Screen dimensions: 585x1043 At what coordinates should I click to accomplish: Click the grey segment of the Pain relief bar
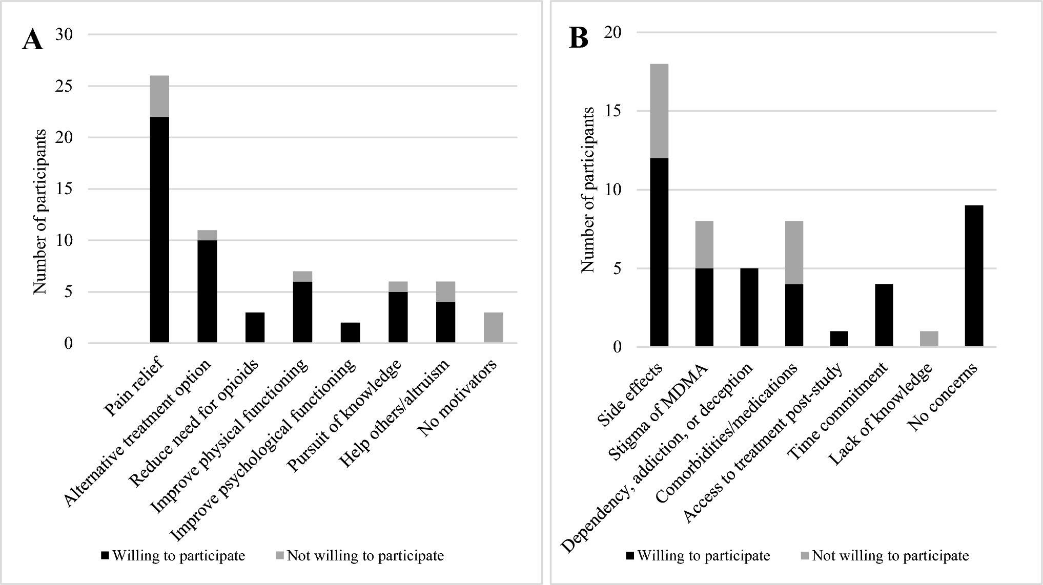(159, 96)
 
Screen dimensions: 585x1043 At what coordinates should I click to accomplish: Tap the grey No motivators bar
(494, 327)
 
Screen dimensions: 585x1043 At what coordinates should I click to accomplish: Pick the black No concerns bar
(974, 276)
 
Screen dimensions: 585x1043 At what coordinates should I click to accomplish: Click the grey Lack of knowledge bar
(928, 339)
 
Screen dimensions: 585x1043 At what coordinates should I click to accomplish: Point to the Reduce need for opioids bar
(255, 327)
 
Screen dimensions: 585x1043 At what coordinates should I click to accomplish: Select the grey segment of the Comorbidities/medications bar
(793, 253)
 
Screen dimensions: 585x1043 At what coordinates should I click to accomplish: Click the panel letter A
(32, 40)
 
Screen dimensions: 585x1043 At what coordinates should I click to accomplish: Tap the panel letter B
(579, 38)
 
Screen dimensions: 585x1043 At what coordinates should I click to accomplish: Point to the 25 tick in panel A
(67, 86)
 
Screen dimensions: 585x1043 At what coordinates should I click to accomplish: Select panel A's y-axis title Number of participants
(40, 212)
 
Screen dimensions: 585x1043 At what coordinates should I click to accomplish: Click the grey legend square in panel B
(804, 556)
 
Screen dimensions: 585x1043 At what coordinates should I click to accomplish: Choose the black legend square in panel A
(105, 556)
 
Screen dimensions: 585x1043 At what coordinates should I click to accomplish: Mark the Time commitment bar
(884, 316)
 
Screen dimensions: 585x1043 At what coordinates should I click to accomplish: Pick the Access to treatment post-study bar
(839, 339)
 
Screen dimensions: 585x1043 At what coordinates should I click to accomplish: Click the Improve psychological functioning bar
(350, 332)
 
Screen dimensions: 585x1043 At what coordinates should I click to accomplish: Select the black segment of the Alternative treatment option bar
(207, 291)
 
